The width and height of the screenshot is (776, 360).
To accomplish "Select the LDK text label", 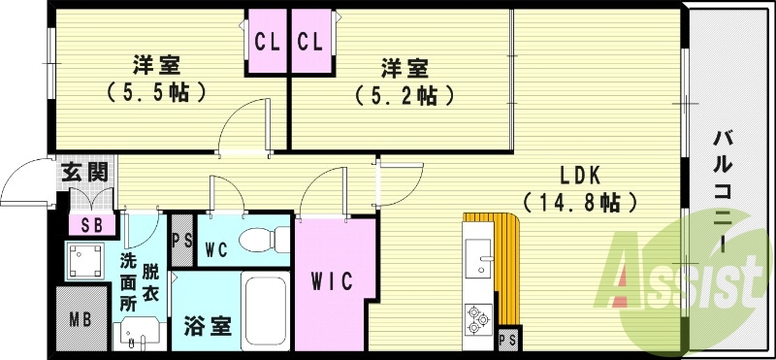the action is tap(581, 176).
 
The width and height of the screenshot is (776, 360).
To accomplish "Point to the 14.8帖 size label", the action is tap(581, 203).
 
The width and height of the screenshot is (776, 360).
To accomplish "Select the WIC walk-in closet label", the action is tap(332, 280).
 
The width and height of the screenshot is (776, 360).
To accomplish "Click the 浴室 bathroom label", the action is tap(202, 326).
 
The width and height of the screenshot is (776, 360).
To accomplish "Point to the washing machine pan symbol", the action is tap(85, 260).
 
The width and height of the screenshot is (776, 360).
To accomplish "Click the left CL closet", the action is tap(267, 42).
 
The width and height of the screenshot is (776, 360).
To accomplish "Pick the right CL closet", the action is tap(309, 42).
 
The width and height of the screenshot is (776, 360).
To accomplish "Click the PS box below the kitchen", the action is tap(506, 340).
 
